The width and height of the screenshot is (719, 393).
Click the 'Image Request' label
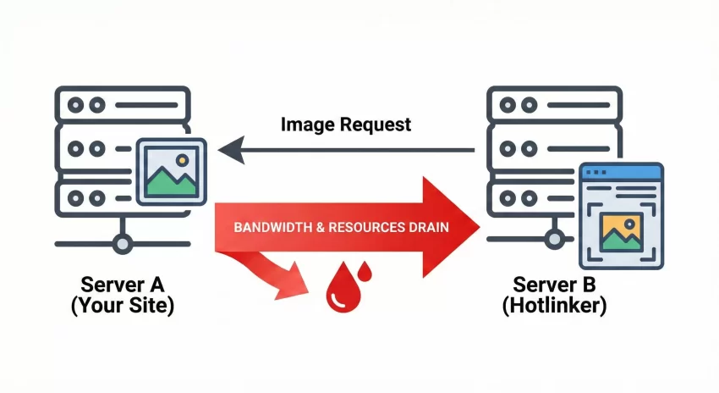(x=345, y=125)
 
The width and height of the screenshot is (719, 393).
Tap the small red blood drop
(x=365, y=271)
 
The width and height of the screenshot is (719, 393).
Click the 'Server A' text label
(x=123, y=284)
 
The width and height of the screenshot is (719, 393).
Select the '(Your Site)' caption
(x=123, y=306)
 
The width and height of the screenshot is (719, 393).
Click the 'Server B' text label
(x=554, y=284)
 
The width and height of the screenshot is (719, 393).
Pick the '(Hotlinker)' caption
(x=554, y=306)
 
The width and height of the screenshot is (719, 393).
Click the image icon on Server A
(x=172, y=173)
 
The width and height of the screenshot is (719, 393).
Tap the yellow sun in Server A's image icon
(x=181, y=159)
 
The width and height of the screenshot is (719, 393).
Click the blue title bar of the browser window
(x=621, y=172)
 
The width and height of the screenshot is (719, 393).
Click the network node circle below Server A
(x=123, y=244)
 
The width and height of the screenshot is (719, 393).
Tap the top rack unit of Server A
(x=123, y=106)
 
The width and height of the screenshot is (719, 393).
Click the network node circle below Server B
(x=554, y=244)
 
